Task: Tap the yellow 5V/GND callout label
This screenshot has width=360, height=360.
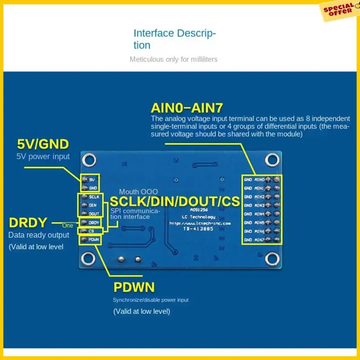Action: point(43,144)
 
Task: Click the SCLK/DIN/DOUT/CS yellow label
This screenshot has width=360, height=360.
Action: point(175,202)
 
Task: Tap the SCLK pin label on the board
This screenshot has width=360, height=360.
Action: point(94,197)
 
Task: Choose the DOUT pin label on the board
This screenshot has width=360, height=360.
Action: point(94,214)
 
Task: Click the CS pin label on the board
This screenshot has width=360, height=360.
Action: point(91,231)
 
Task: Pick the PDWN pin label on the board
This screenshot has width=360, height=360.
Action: point(94,239)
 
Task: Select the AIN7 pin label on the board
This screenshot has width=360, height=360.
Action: point(260,240)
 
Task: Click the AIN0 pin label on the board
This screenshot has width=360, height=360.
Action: point(260,180)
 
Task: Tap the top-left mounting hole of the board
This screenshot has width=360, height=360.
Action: point(88,159)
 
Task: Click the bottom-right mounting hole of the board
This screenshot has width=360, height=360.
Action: point(271,258)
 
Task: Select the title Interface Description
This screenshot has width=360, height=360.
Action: point(175,39)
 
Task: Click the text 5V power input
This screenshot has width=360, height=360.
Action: point(43,157)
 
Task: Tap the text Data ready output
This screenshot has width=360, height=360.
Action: point(39,235)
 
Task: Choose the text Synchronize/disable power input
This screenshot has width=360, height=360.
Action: point(150,300)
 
